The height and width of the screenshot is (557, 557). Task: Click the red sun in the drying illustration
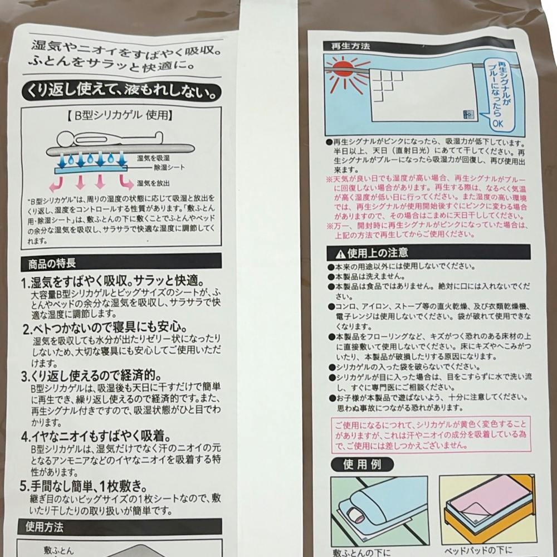click(x=343, y=68)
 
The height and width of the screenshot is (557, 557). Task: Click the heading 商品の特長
click(x=52, y=263)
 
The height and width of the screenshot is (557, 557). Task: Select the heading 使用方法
click(x=45, y=527)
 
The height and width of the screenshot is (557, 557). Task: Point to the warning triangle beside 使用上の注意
click(x=340, y=254)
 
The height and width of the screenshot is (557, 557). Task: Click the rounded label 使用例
click(x=363, y=465)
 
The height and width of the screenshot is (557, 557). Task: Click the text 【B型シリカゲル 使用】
click(x=120, y=116)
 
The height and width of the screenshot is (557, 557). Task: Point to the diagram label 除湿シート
click(x=169, y=167)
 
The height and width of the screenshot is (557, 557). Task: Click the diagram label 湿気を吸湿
click(x=153, y=158)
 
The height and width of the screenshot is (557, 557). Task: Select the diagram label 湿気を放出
click(x=153, y=183)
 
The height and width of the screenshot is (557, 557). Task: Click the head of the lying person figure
click(x=65, y=138)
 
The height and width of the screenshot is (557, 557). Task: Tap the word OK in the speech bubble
click(x=497, y=123)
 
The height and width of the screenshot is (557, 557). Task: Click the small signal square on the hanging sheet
click(x=468, y=115)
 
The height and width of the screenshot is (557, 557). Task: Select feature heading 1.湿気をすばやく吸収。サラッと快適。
click(x=113, y=281)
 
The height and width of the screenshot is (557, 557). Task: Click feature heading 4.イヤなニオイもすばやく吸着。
click(x=96, y=437)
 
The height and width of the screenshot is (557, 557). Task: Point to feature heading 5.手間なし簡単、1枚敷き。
click(x=84, y=486)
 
